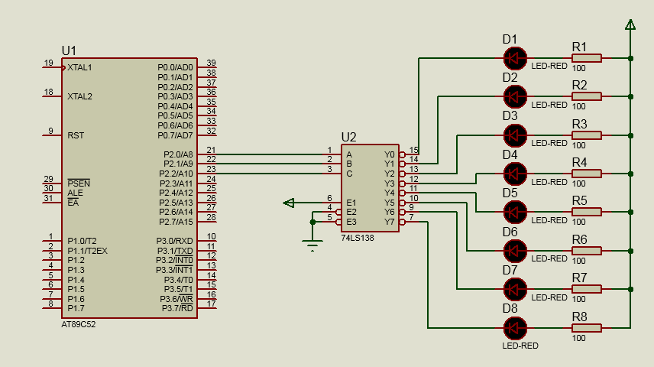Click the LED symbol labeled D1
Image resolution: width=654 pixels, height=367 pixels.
click(516, 57)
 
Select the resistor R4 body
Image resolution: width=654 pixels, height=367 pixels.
click(586, 174)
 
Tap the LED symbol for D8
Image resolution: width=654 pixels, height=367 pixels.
click(516, 327)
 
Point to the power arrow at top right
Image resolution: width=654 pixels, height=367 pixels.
click(630, 26)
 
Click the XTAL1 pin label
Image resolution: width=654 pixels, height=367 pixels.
click(79, 67)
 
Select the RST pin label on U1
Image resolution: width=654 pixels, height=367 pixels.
click(76, 135)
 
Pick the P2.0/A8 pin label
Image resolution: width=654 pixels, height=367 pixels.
click(178, 154)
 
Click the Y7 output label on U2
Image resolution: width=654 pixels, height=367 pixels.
click(390, 222)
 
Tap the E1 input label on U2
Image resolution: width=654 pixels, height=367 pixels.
click(351, 203)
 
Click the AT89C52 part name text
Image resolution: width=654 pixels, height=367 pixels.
click(79, 323)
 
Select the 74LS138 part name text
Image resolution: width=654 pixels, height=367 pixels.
click(358, 239)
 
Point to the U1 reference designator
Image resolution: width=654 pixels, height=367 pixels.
click(70, 50)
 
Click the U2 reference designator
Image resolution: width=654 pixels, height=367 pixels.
click(348, 137)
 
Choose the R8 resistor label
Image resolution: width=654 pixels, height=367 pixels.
click(579, 317)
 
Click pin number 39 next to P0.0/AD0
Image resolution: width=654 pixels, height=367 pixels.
click(211, 63)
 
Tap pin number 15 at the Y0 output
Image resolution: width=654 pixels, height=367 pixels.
click(413, 150)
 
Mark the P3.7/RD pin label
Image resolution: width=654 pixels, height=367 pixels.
click(178, 308)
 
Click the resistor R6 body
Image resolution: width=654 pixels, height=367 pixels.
click(586, 250)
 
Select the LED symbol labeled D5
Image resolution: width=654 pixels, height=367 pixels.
click(516, 212)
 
